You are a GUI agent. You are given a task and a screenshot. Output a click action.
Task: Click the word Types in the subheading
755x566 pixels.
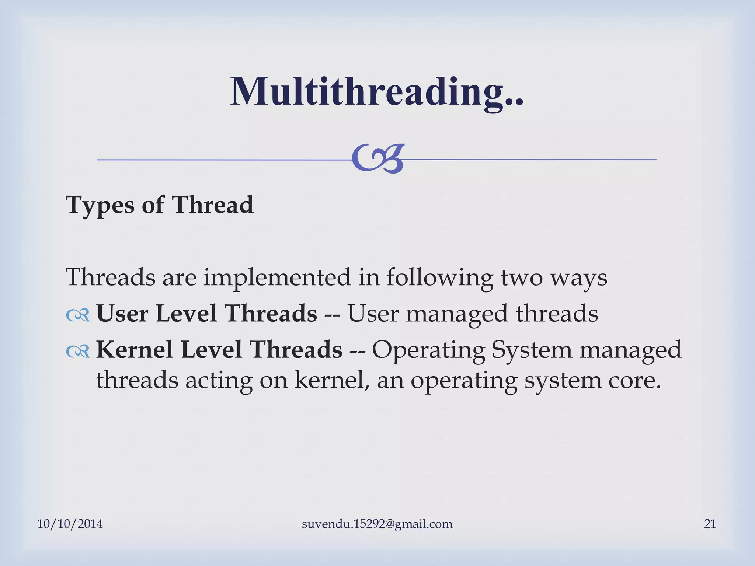(x=100, y=205)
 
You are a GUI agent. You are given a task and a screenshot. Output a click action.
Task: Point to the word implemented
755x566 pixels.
(x=277, y=277)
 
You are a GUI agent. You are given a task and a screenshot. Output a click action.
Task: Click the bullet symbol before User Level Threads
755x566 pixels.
(x=78, y=315)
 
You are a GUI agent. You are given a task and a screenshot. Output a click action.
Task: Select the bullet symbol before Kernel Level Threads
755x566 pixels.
(x=78, y=351)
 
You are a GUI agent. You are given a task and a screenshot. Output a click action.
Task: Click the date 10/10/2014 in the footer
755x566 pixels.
(x=70, y=524)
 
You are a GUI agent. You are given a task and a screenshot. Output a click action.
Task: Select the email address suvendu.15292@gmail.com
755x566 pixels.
(x=377, y=524)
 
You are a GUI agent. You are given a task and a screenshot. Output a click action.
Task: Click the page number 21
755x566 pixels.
(x=710, y=524)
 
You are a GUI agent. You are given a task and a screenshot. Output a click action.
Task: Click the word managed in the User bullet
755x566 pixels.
(x=457, y=314)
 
